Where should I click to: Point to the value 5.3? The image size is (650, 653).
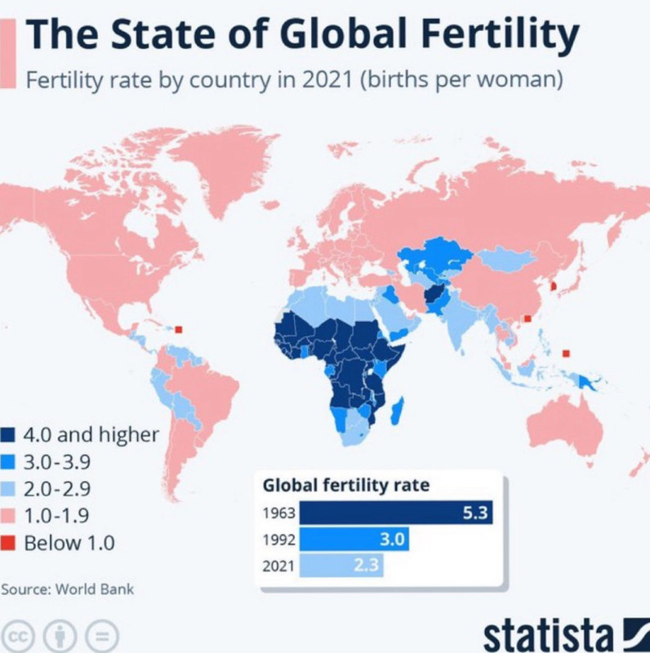click(474, 514)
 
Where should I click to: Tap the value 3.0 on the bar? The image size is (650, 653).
click(391, 540)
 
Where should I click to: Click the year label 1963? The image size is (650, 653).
click(278, 515)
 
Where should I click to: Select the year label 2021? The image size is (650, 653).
click(278, 565)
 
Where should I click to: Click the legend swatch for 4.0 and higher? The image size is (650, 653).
click(10, 435)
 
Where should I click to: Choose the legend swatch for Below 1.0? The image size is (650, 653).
click(10, 544)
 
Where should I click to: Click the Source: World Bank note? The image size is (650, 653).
click(67, 589)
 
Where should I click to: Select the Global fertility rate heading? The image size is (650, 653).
click(345, 486)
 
